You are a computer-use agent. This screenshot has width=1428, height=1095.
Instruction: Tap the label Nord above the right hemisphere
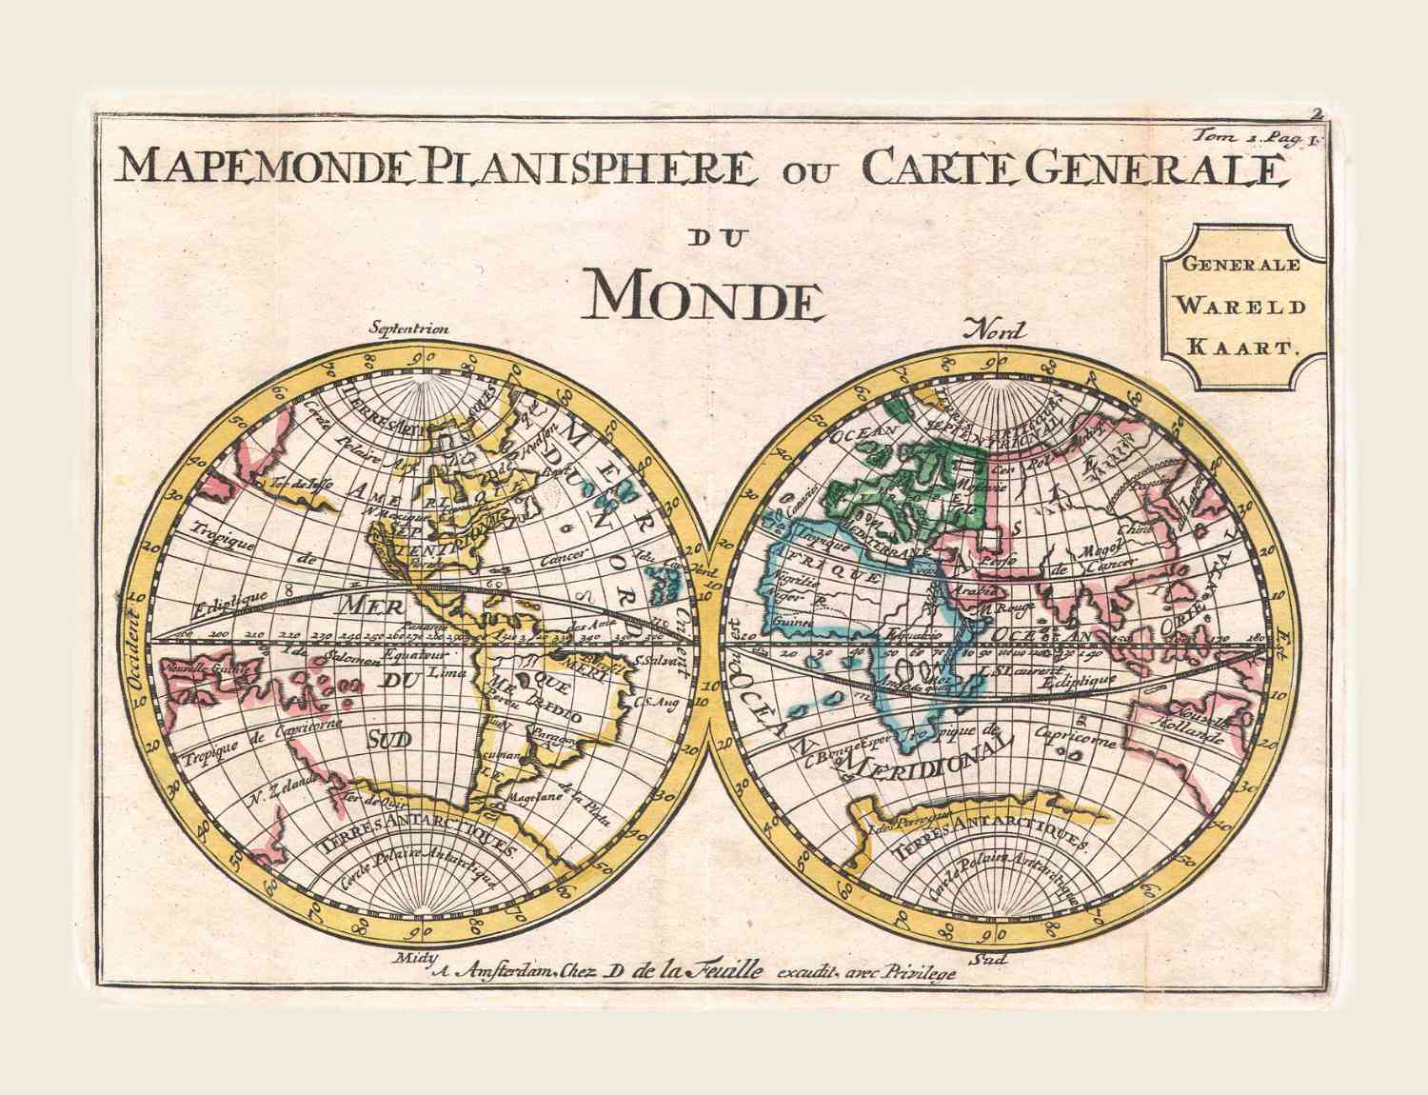pyautogui.click(x=994, y=331)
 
